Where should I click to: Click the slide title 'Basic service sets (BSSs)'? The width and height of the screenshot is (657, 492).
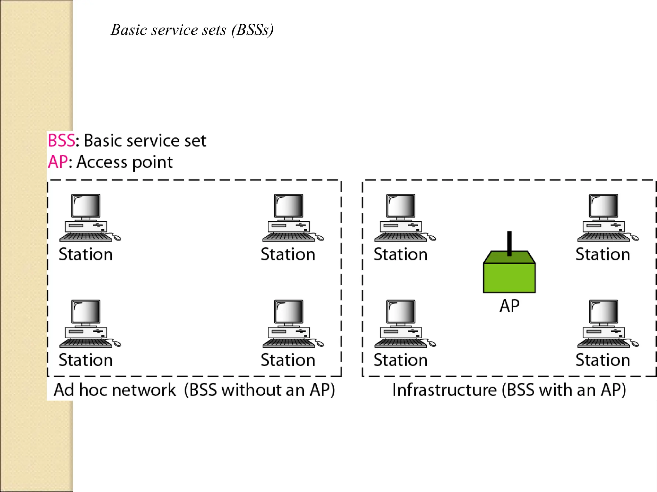tap(192, 30)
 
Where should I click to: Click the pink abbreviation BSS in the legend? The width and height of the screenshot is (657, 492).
tap(61, 141)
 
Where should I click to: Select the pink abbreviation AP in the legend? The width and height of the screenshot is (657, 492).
tap(58, 162)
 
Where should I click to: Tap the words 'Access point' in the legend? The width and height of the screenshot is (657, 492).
tap(125, 162)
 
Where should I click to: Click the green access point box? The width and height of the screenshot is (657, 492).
tap(509, 277)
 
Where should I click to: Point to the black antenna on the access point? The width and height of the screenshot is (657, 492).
tap(509, 243)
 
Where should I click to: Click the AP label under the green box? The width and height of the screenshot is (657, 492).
tap(509, 306)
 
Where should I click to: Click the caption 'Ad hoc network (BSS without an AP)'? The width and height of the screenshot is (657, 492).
tap(194, 390)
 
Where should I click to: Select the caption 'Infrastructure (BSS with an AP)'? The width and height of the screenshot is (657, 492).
tap(509, 390)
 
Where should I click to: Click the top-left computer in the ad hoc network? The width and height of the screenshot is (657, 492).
tap(86, 218)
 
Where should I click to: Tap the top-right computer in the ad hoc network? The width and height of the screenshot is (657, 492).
tap(289, 218)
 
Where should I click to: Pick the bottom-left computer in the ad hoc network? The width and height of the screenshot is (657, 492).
tap(86, 324)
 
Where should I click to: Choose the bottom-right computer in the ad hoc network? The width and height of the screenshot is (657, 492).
tap(289, 324)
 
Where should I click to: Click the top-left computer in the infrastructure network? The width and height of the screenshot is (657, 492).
tap(401, 218)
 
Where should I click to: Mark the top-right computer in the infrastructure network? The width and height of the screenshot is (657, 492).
tap(604, 218)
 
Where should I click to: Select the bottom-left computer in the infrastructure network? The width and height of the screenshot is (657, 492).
tap(401, 324)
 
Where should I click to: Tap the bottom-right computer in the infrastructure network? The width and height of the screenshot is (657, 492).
tap(604, 324)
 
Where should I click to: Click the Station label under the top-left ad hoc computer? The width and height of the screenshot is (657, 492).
tap(86, 255)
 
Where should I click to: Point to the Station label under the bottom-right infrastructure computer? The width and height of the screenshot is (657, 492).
tap(603, 360)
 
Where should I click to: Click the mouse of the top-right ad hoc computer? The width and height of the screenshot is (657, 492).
tap(320, 238)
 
